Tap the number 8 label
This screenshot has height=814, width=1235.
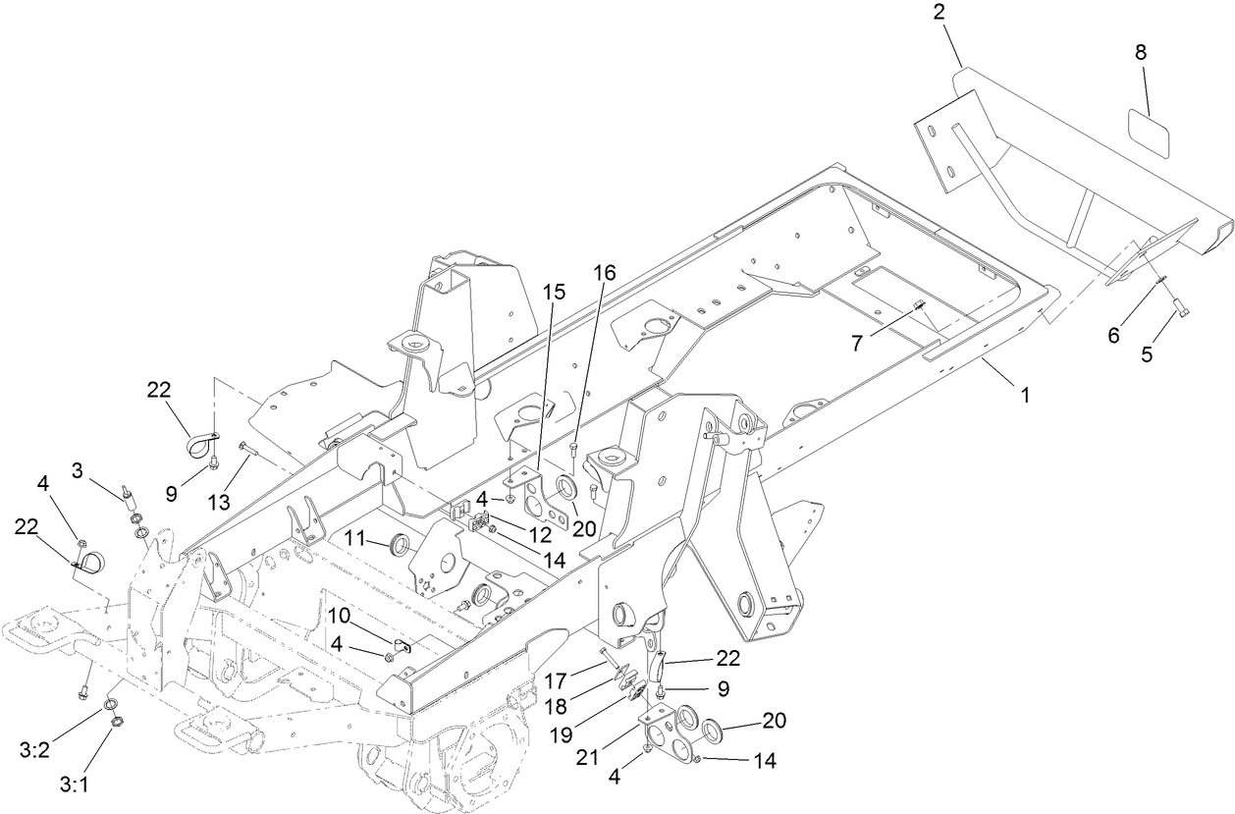point(1141,53)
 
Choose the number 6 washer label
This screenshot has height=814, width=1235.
point(1113,335)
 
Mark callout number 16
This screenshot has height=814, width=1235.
point(605,273)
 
